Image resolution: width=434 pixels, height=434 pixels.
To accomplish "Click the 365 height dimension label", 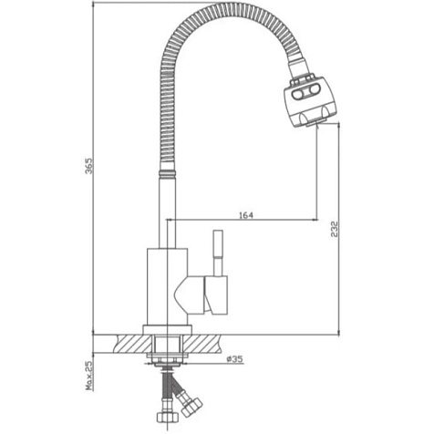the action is click(88, 166).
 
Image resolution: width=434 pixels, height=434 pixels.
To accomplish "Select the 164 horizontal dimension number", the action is click(246, 215).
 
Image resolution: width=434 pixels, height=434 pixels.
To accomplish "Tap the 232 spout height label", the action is click(335, 229).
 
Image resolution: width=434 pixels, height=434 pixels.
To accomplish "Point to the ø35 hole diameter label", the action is click(234, 359).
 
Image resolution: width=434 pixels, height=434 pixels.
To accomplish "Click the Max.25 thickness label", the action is click(88, 376).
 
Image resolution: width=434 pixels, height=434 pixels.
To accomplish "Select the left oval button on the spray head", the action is click(298, 95).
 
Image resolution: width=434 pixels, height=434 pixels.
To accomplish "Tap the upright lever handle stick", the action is click(218, 253).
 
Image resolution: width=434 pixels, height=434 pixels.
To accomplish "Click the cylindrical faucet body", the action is click(167, 286).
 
